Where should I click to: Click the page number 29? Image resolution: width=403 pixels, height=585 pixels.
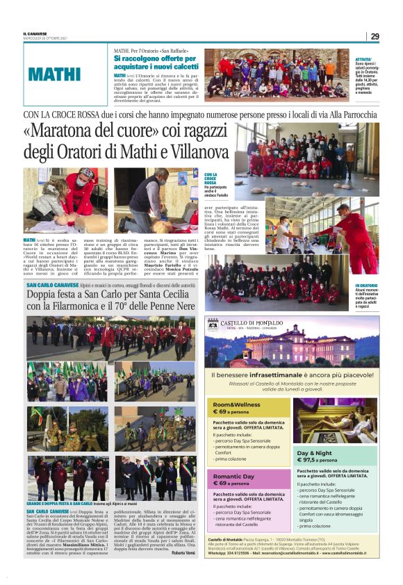pos(375,36)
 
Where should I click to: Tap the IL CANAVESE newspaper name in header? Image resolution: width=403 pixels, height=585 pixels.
pos(35,33)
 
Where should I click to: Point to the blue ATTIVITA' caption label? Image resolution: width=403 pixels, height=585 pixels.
pos(364,60)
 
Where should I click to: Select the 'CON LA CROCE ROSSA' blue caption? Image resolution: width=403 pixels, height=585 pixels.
pos(211,179)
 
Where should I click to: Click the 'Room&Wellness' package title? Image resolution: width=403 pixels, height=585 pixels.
pos(232,404)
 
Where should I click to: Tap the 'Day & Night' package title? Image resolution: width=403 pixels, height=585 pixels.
pos(315,452)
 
